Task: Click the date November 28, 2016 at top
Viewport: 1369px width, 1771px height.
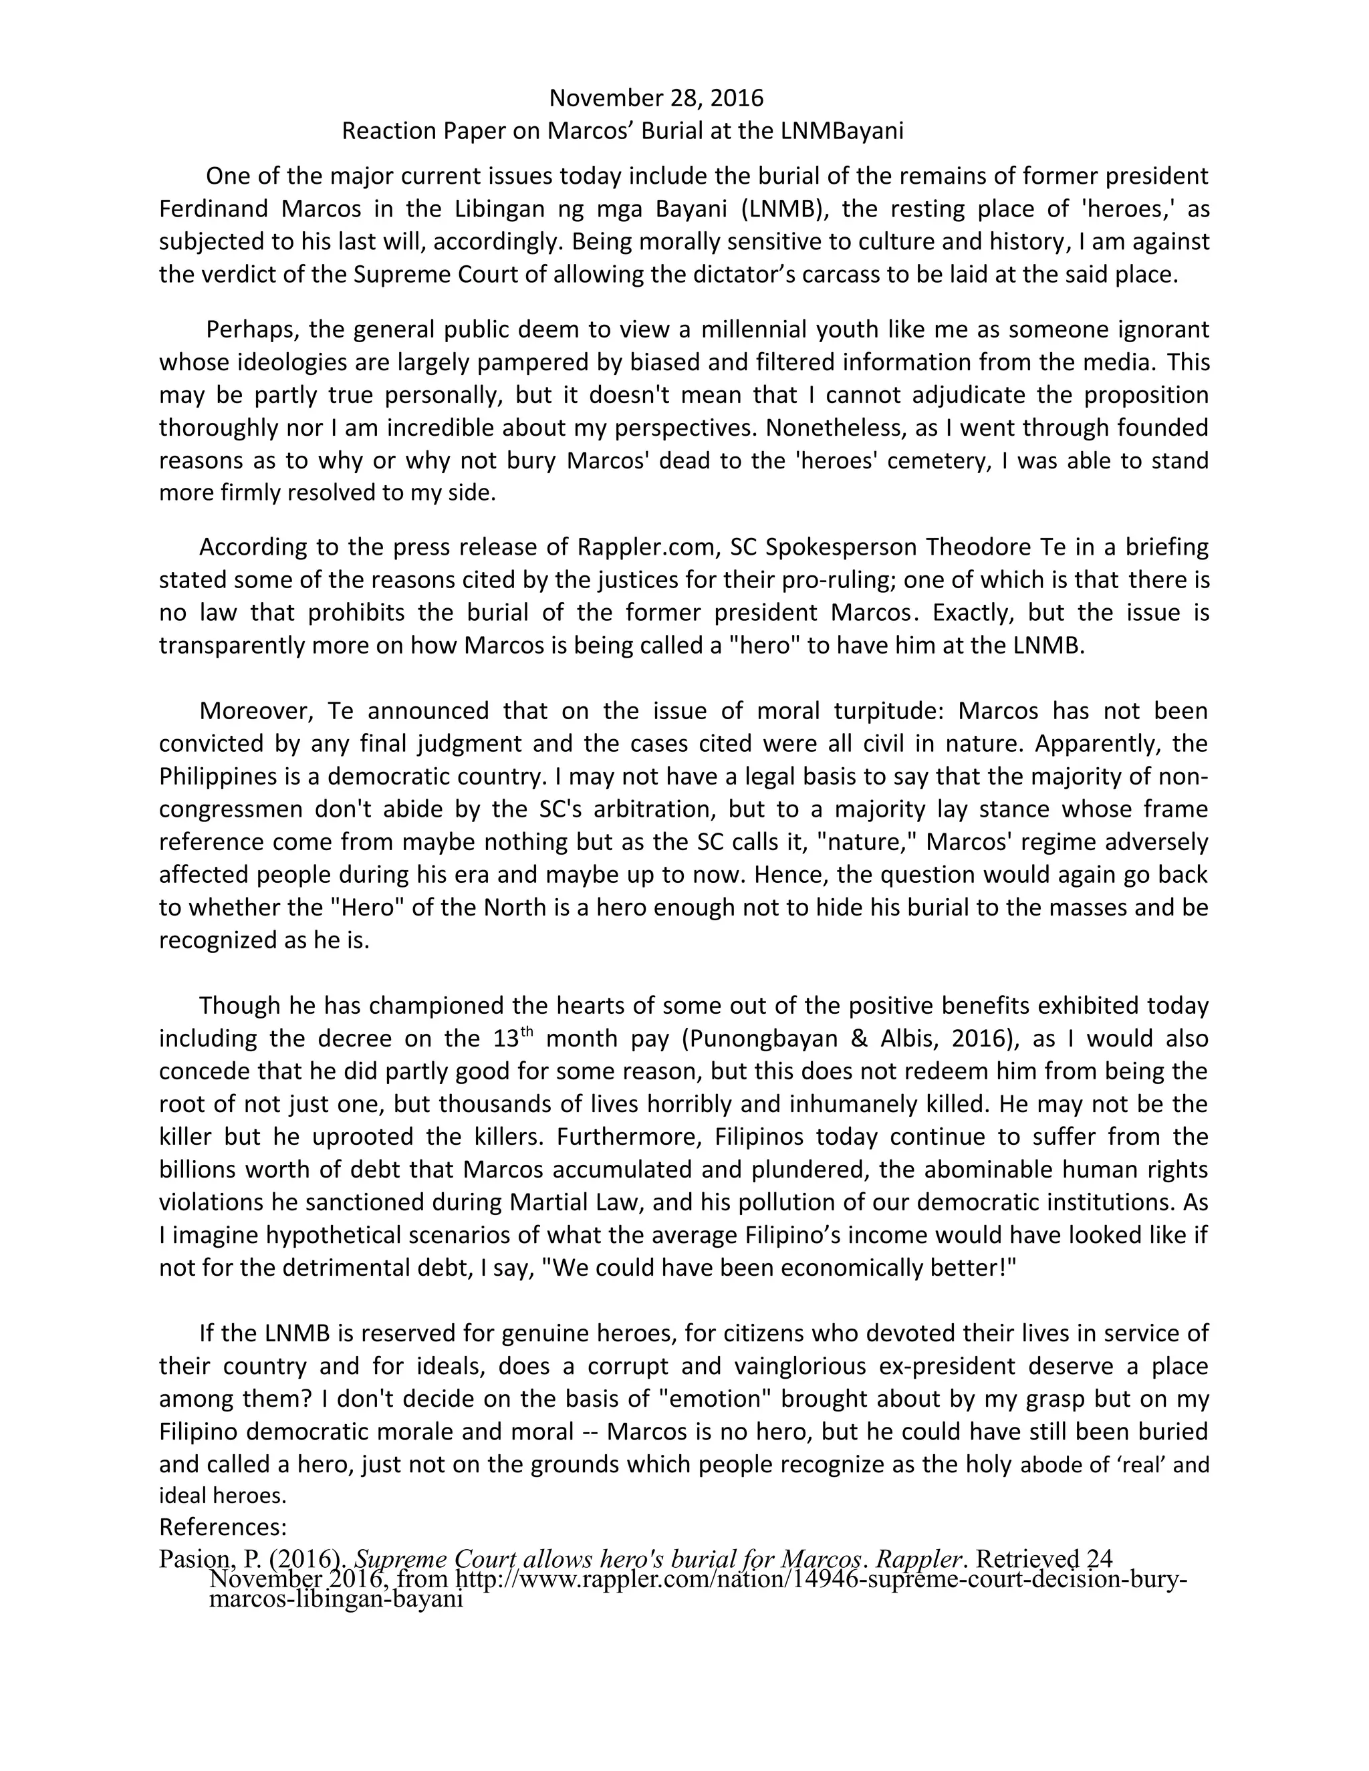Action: click(656, 98)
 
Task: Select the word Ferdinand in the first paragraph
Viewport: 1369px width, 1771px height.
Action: click(212, 209)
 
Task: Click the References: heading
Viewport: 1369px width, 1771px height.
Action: click(223, 1528)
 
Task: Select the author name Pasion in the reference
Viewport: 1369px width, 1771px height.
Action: click(195, 1559)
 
